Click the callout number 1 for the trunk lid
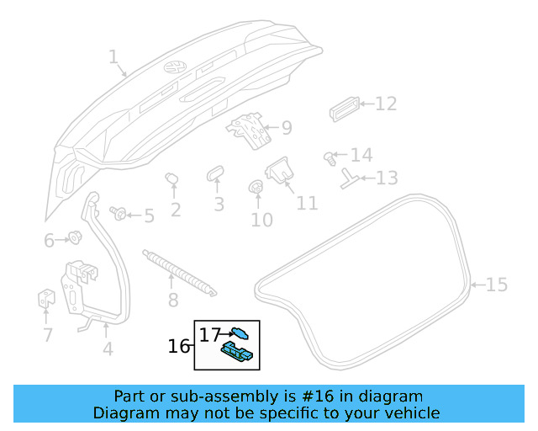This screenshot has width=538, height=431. (113, 57)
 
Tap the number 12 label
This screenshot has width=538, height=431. (385, 104)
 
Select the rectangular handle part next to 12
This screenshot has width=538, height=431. (344, 108)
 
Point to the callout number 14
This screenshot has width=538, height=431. (361, 156)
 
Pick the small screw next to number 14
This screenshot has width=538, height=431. (329, 157)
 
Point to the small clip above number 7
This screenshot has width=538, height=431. (45, 299)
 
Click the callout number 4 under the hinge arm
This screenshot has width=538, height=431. (107, 349)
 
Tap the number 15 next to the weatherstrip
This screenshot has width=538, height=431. (497, 285)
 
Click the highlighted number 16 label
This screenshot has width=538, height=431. (179, 346)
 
